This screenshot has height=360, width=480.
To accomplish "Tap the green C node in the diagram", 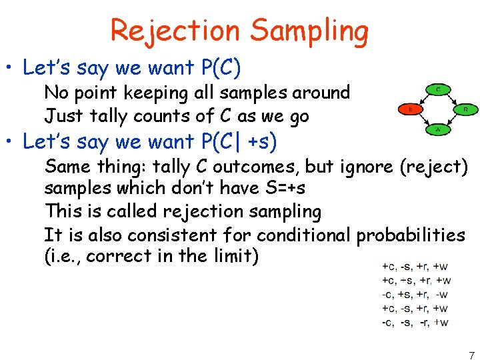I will tap(437, 88).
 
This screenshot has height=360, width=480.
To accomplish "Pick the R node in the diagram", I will tap(464, 108).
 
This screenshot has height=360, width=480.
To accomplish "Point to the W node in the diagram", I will tap(437, 130).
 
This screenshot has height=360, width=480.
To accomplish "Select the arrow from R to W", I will tap(453, 120).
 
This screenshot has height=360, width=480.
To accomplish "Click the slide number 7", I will tap(471, 355).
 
